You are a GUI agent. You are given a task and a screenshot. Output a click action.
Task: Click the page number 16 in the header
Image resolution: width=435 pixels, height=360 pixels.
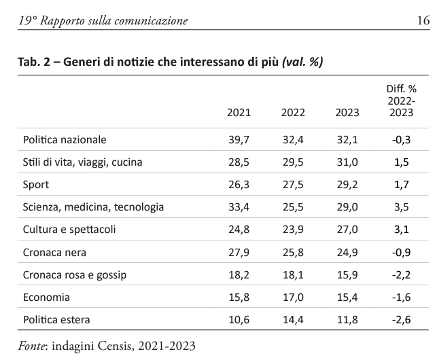tap(423, 20)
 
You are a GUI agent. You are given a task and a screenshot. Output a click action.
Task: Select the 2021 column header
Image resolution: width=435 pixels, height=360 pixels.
tap(239, 113)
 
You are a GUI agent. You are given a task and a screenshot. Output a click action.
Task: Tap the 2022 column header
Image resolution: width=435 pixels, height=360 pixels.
tap(293, 113)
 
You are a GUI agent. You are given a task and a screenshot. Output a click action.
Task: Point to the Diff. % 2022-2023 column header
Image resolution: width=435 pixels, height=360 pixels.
tap(402, 101)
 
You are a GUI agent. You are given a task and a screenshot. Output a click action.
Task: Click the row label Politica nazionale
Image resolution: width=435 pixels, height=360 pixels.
tap(65, 140)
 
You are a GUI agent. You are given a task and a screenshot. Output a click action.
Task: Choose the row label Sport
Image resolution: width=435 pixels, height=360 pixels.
tap(36, 185)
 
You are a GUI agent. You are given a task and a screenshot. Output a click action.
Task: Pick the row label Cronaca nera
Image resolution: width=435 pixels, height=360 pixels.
tap(54, 253)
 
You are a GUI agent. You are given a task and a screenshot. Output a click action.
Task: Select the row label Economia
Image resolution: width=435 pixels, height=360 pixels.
tap(46, 298)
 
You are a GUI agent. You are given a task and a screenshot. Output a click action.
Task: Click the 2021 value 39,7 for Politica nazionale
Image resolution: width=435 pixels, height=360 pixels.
tap(239, 140)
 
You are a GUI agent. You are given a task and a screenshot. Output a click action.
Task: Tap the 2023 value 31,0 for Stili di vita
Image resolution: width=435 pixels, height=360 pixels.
tap(347, 162)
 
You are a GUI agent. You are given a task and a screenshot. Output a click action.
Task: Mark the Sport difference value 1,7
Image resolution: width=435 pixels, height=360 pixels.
tap(402, 185)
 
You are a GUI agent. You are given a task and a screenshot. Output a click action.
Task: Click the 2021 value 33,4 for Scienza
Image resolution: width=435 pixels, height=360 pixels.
tap(239, 207)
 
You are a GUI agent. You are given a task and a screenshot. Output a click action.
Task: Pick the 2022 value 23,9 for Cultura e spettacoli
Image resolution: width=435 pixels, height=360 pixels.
tap(293, 230)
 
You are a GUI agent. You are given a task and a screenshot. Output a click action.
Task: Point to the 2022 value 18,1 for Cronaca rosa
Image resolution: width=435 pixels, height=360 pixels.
tap(293, 275)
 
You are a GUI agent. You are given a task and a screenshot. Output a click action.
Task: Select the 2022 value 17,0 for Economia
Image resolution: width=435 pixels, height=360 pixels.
tap(293, 298)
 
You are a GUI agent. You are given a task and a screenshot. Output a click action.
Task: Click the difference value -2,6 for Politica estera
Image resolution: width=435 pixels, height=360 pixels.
tap(402, 320)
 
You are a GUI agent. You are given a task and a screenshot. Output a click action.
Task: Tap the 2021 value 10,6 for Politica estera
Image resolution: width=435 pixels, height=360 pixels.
tap(239, 320)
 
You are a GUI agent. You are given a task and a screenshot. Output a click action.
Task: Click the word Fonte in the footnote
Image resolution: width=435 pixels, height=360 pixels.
tap(32, 346)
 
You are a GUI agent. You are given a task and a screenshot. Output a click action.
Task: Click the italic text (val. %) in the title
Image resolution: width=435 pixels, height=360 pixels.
tap(302, 62)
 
